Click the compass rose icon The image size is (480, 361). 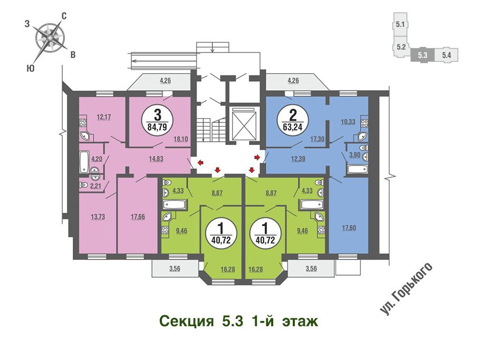pyautogui.click(x=50, y=37)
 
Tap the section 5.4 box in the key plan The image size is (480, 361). pyautogui.click(x=446, y=55)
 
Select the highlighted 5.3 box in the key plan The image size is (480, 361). pyautogui.click(x=423, y=55)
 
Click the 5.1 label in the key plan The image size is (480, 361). pyautogui.click(x=400, y=24)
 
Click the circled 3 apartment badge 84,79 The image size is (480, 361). pyautogui.click(x=157, y=120)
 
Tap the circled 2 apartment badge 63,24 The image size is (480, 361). pyautogui.click(x=293, y=120)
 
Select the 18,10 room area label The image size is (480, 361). pyautogui.click(x=180, y=139)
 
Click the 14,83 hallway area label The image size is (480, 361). pyautogui.click(x=156, y=159)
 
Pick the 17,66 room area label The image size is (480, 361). pyautogui.click(x=138, y=217)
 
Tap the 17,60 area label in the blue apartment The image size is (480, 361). pyautogui.click(x=349, y=228)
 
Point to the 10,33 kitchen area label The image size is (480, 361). pyautogui.click(x=348, y=122)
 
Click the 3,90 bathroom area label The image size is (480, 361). pyautogui.click(x=355, y=155)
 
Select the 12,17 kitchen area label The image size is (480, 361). pyautogui.click(x=104, y=116)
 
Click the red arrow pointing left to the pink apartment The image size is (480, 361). pyautogui.click(x=200, y=162)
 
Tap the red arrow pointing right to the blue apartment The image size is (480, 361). pyautogui.click(x=257, y=157)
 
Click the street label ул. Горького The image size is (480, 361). pyautogui.click(x=406, y=288)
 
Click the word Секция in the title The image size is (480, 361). pyautogui.click(x=186, y=322)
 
